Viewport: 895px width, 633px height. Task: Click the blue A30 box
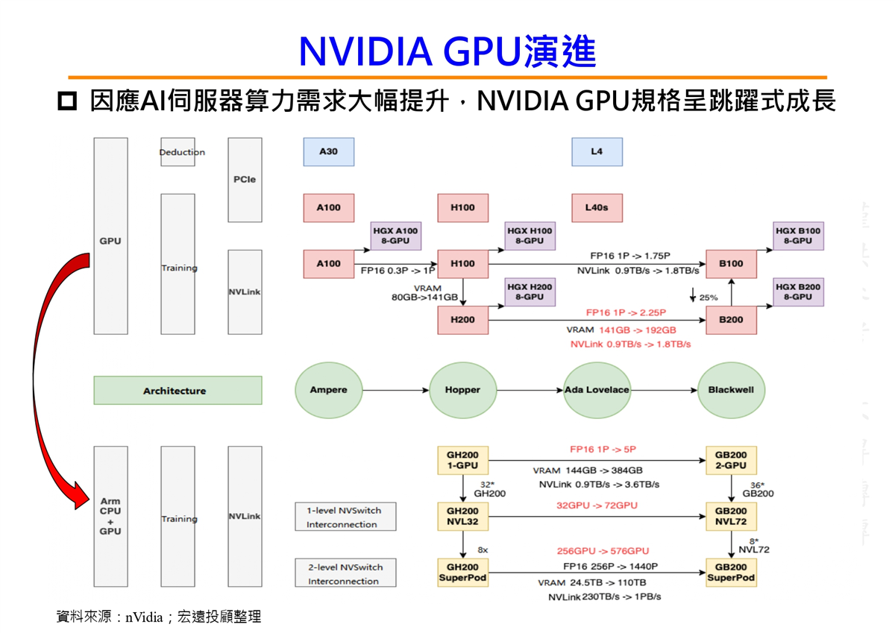pos(328,151)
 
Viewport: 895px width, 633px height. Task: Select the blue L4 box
pos(597,151)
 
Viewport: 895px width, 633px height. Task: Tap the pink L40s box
pos(597,208)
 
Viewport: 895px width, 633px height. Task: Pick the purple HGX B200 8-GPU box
pos(798,292)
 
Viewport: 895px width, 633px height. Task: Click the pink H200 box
pos(462,320)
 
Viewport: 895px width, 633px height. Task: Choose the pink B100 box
pos(731,263)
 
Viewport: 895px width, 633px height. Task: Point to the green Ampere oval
pos(328,390)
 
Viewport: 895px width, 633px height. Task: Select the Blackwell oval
pos(731,390)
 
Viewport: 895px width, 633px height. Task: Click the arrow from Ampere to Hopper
pos(395,390)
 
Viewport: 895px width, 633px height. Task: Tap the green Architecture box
pos(178,391)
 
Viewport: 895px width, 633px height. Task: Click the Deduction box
pos(178,152)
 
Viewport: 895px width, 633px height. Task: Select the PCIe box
pos(245,180)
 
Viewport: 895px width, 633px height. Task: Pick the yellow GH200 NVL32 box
pos(462,517)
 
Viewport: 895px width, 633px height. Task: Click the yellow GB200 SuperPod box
pos(731,573)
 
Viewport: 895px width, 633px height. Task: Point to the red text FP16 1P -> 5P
pos(603,450)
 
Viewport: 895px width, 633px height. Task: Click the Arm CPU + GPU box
pos(110,517)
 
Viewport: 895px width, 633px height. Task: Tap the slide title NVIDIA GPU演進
pos(447,51)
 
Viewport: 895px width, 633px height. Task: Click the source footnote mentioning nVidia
pos(159,617)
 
